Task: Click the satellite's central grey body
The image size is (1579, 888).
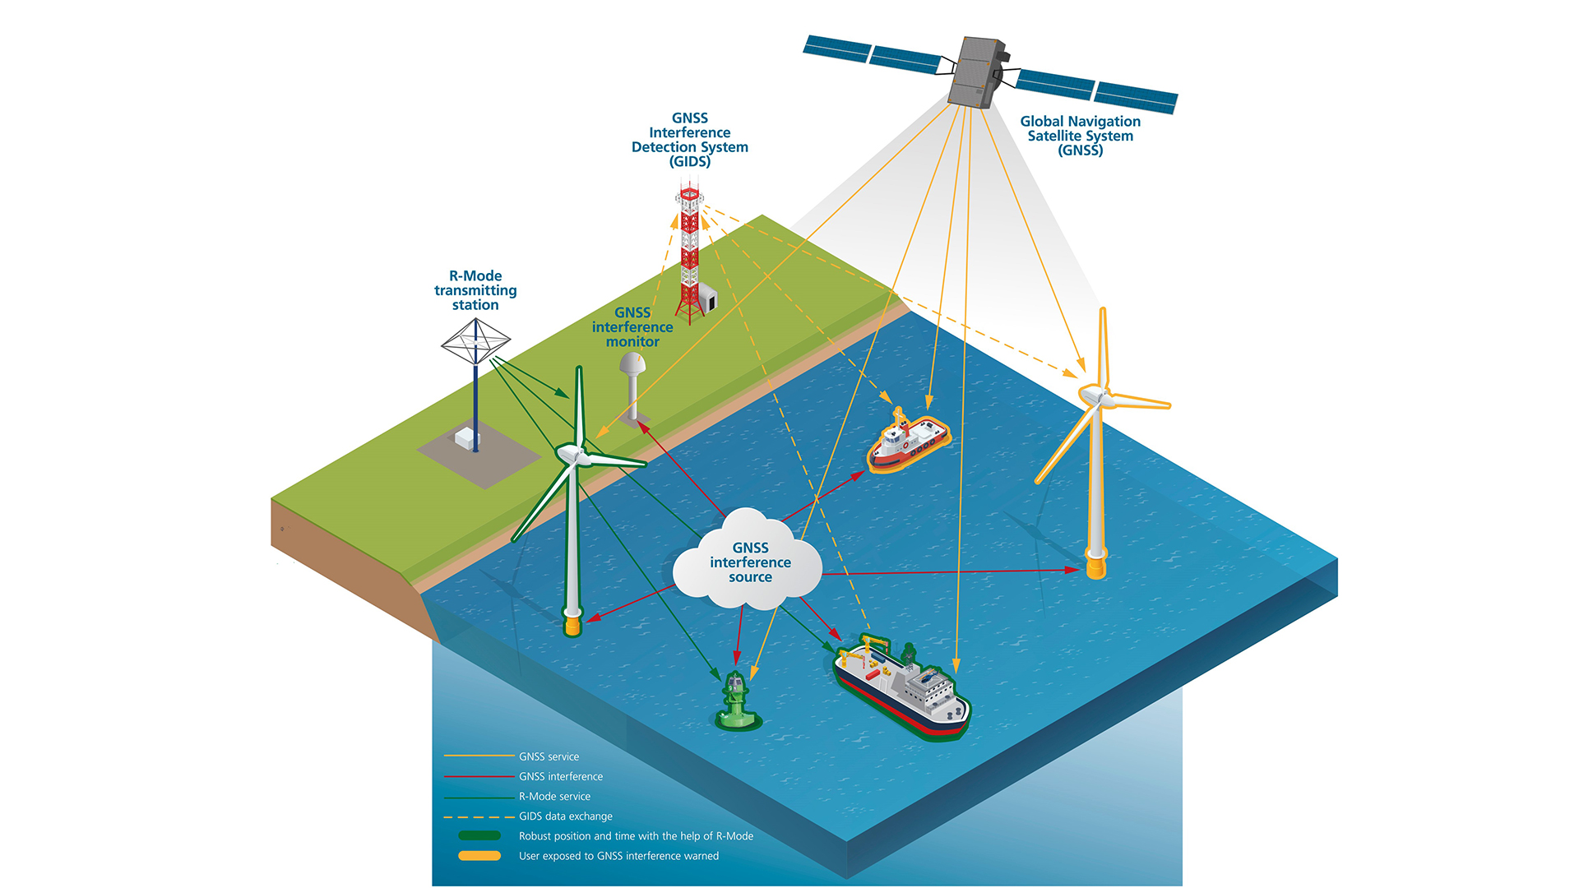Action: click(976, 72)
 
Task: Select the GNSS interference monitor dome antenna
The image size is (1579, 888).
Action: click(632, 364)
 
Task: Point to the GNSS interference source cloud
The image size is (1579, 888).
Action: click(748, 562)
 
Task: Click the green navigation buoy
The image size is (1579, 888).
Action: click(736, 704)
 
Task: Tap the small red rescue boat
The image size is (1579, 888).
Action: click(908, 442)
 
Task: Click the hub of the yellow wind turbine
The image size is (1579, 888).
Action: click(1095, 396)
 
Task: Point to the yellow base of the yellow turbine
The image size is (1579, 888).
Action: click(1096, 567)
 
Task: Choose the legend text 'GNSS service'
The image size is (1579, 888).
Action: click(549, 756)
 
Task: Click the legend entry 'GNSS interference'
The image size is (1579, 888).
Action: click(560, 776)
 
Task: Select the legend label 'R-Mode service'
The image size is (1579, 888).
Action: click(554, 796)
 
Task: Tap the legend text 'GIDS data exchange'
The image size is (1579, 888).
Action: click(565, 816)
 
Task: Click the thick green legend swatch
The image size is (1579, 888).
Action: click(479, 835)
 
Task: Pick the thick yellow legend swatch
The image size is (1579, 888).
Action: click(479, 856)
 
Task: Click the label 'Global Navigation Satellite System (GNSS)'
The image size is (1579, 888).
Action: click(1080, 136)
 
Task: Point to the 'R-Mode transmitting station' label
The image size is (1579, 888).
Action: click(475, 290)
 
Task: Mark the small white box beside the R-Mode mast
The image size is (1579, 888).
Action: click(466, 439)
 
